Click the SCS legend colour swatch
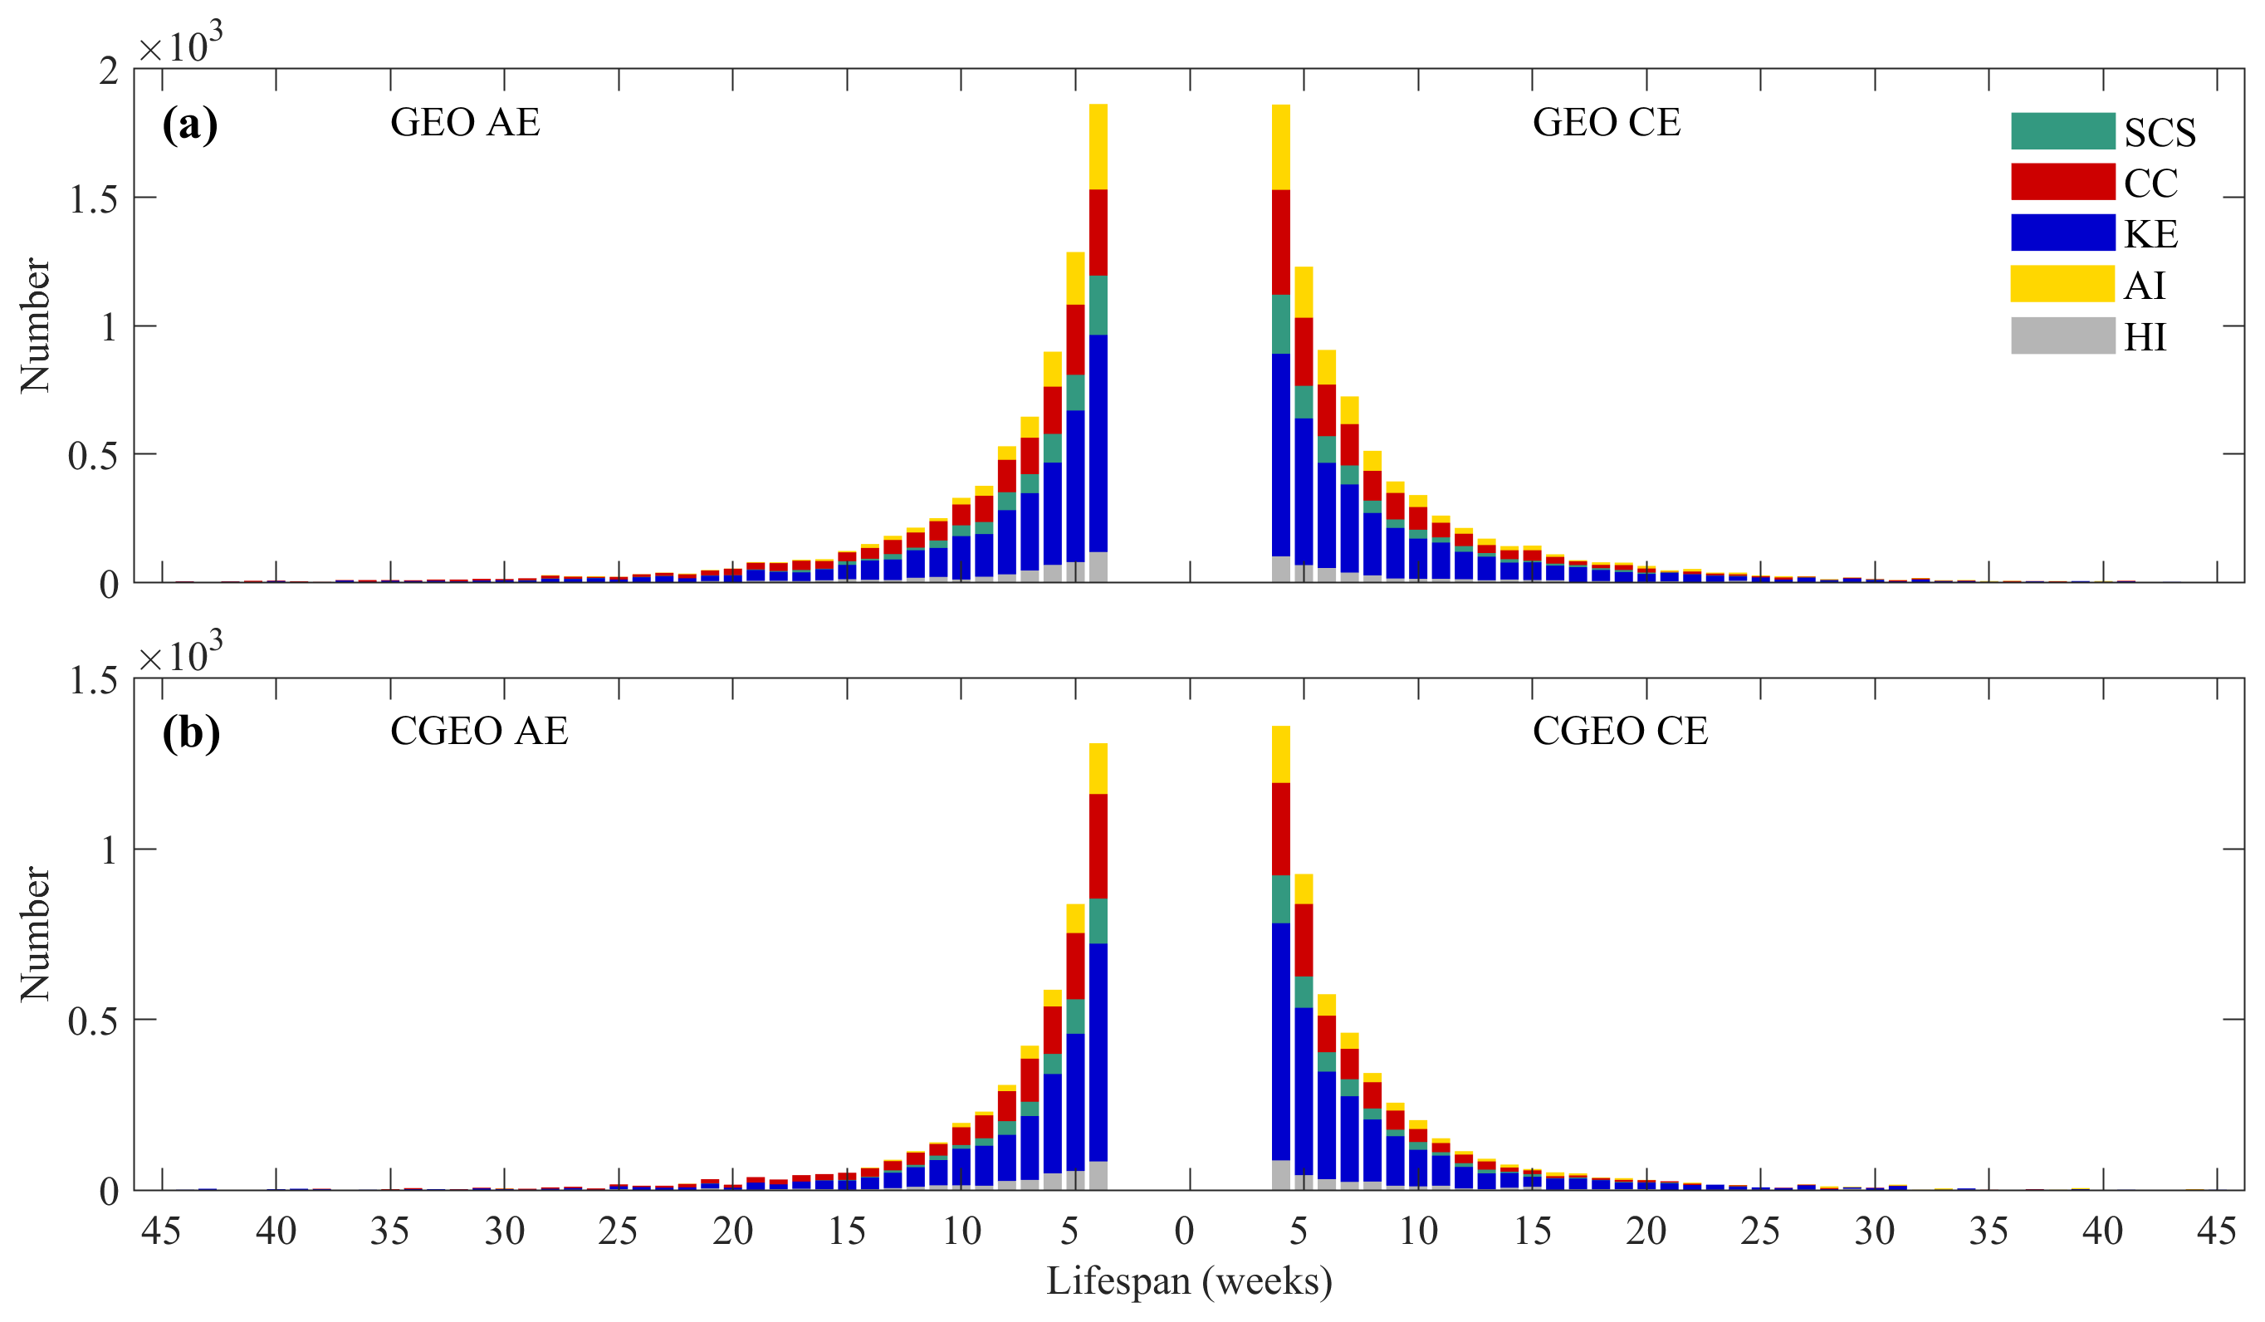tap(2062, 131)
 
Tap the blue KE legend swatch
tap(2062, 233)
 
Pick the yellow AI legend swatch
tap(2062, 284)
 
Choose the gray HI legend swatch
tap(2062, 335)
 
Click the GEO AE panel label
tap(465, 122)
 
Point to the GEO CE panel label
tap(1605, 122)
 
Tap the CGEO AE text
tap(479, 731)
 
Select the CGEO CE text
tap(1620, 731)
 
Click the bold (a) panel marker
tap(189, 124)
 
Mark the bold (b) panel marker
tap(190, 732)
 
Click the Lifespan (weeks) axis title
tap(1188, 1280)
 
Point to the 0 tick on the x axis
tap(1184, 1231)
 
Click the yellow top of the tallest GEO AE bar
tap(1098, 146)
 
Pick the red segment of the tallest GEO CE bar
tap(1281, 242)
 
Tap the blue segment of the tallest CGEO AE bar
tap(1098, 1051)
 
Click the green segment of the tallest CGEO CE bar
tap(1281, 898)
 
